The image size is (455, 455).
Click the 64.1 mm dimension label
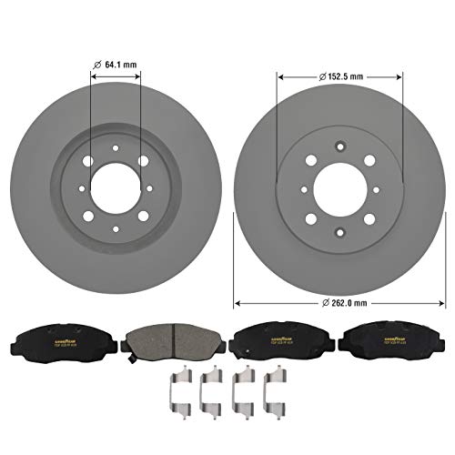click(124, 64)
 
